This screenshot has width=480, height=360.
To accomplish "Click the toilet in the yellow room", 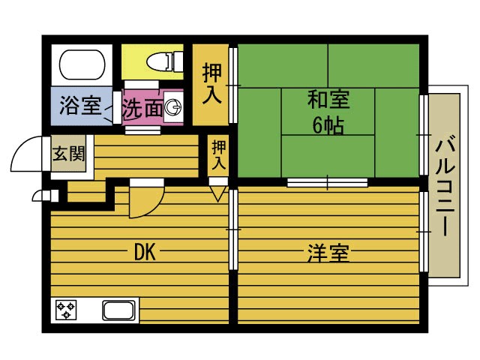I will [x=160, y=59].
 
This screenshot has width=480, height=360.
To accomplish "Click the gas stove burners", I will [x=65, y=310].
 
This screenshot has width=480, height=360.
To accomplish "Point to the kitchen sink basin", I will [x=118, y=310].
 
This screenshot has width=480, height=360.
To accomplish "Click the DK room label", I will [x=144, y=253].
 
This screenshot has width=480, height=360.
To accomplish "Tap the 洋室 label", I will [x=328, y=253].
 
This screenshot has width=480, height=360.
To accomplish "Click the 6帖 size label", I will [x=328, y=124].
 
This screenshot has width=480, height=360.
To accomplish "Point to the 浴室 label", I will [x=79, y=106].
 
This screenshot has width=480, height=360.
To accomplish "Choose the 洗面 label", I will [x=142, y=109].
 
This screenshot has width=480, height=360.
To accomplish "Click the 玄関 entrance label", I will [x=68, y=155].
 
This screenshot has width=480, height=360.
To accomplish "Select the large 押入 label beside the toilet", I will [x=211, y=84].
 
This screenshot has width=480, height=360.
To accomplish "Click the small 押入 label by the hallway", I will [x=218, y=154].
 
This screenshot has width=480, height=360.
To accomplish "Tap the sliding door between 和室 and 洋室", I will [x=328, y=181].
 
